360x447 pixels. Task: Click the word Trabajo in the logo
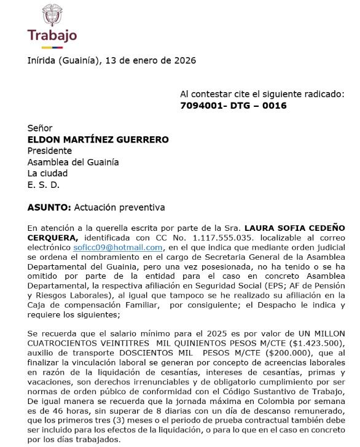click(52, 34)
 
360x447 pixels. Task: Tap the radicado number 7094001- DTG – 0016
click(233, 106)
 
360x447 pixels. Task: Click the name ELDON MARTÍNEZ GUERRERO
click(98, 139)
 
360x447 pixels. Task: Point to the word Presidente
click(50, 150)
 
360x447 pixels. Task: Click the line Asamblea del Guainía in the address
click(73, 162)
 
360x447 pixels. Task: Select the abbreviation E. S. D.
click(44, 184)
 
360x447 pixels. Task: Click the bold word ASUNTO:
click(49, 208)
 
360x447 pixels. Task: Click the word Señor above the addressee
click(40, 128)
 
